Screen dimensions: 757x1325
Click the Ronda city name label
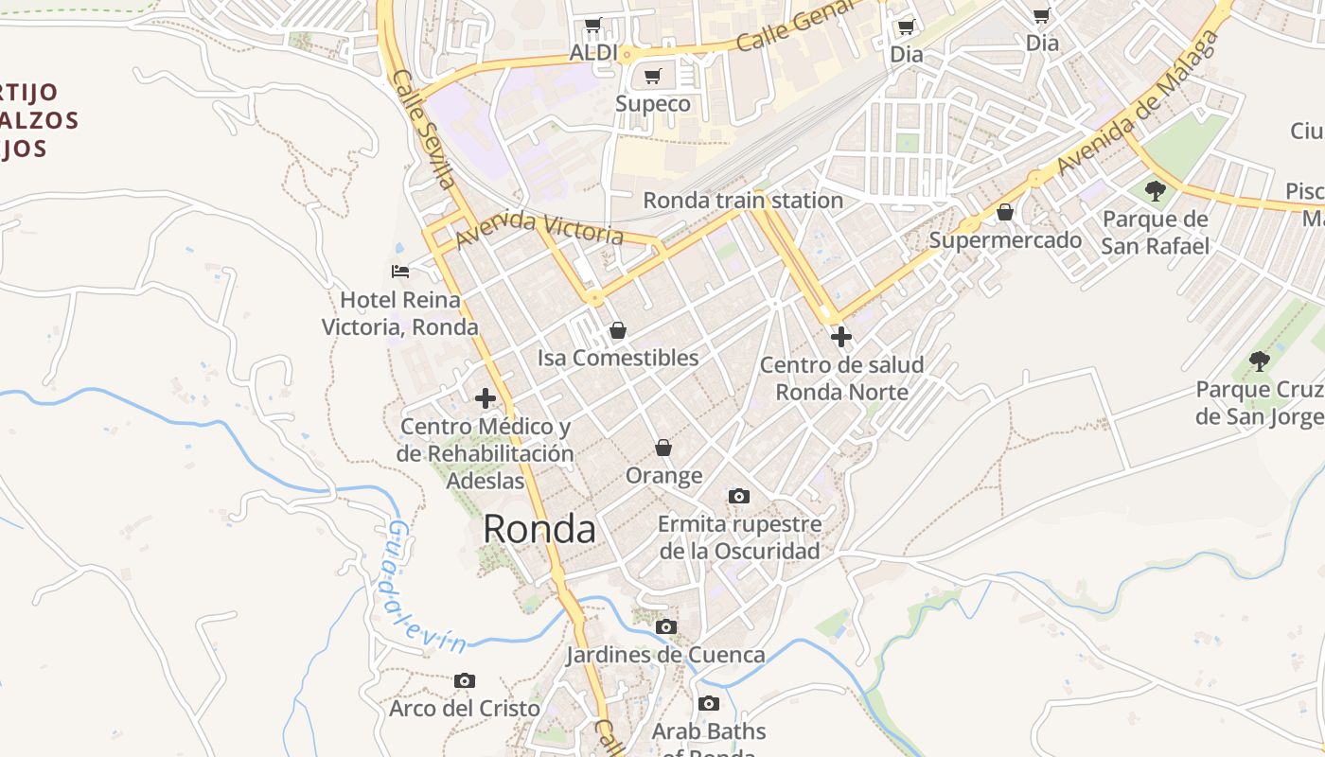tap(539, 529)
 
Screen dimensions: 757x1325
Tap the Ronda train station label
tap(743, 201)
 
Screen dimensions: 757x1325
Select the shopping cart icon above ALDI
tap(592, 25)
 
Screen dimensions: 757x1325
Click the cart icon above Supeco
tap(652, 76)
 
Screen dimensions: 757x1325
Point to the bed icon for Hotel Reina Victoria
tap(400, 272)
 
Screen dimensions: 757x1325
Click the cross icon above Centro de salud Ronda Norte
tap(840, 336)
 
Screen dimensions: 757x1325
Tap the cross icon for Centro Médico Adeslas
tap(486, 398)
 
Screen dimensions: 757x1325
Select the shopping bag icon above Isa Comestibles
tap(618, 330)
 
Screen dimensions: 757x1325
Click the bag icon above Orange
tap(663, 447)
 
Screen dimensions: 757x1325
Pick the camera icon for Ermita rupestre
tap(739, 496)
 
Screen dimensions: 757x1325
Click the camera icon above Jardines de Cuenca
tap(666, 626)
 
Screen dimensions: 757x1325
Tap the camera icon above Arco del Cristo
tap(465, 680)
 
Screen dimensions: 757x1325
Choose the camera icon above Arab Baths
tap(709, 703)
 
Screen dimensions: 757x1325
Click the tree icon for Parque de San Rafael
tap(1156, 191)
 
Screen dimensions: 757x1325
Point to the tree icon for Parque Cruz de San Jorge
tap(1259, 361)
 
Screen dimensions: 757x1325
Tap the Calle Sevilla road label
tap(423, 129)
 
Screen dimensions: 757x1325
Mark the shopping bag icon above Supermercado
tap(1005, 212)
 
